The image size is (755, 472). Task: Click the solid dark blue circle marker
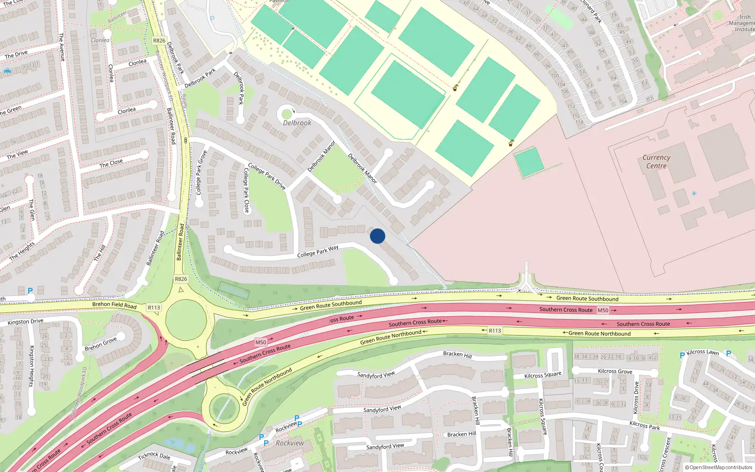point(377,236)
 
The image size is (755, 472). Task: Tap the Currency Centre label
point(656,161)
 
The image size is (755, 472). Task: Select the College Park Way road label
point(318,251)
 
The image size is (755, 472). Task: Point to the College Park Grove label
point(201,173)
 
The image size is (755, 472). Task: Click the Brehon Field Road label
point(114,305)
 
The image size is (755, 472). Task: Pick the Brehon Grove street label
point(101,344)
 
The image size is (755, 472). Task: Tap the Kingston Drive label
point(25,322)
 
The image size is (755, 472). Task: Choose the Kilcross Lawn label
point(703,352)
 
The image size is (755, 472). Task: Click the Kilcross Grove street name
point(615,371)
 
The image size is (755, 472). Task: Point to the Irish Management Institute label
point(742,23)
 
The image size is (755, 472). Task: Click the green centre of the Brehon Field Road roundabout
point(185,320)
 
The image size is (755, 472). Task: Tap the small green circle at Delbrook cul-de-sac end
point(287,114)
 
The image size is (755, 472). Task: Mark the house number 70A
point(623,101)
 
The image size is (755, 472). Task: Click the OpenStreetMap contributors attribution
point(719,468)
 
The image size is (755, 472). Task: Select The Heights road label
point(22,251)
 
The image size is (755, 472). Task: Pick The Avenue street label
point(61,47)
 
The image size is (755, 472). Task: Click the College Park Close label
point(246,190)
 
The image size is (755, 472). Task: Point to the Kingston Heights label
point(32,366)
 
